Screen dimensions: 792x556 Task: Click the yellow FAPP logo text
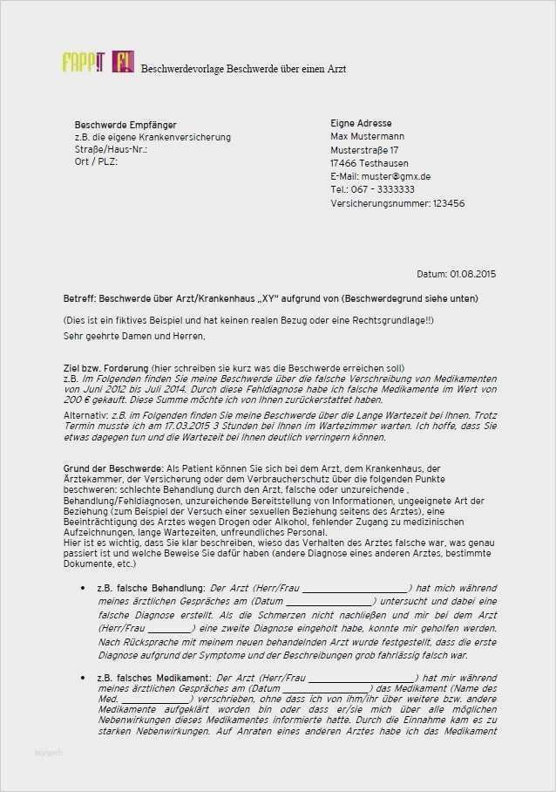coord(83,63)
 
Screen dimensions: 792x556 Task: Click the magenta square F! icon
coord(123,63)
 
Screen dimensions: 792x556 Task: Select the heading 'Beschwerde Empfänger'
coord(125,125)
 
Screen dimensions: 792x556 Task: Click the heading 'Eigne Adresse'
coord(361,124)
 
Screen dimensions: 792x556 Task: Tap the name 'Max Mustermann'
coord(367,137)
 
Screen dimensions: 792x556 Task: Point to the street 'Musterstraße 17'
coord(367,150)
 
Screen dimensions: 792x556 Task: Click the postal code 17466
coord(343,163)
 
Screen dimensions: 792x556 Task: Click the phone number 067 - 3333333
coord(383,189)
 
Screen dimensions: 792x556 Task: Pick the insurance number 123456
coord(449,203)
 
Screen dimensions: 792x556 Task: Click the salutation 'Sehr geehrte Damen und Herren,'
coord(134,336)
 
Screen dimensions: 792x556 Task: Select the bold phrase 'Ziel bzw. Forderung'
coord(105,368)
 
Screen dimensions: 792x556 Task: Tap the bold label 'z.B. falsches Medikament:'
coord(153,678)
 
